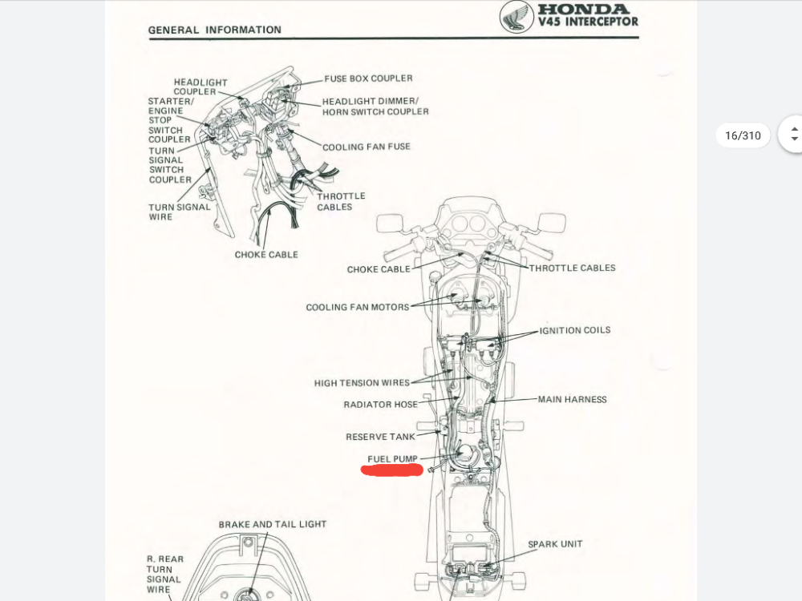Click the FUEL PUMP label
click(393, 459)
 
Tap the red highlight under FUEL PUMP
click(392, 470)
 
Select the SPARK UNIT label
click(555, 544)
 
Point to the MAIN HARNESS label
click(572, 399)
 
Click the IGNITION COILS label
click(574, 330)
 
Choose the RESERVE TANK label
click(381, 437)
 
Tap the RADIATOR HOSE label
click(381, 405)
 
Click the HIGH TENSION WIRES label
click(362, 383)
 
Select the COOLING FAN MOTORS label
click(358, 307)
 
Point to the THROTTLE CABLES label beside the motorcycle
click(572, 268)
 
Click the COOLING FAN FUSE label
click(367, 147)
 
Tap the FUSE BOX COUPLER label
click(368, 79)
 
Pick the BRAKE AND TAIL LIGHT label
click(273, 524)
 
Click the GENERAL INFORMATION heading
click(215, 30)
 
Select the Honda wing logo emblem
click(516, 17)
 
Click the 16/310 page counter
click(743, 135)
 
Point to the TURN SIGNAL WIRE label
click(179, 212)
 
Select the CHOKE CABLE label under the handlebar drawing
click(266, 255)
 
